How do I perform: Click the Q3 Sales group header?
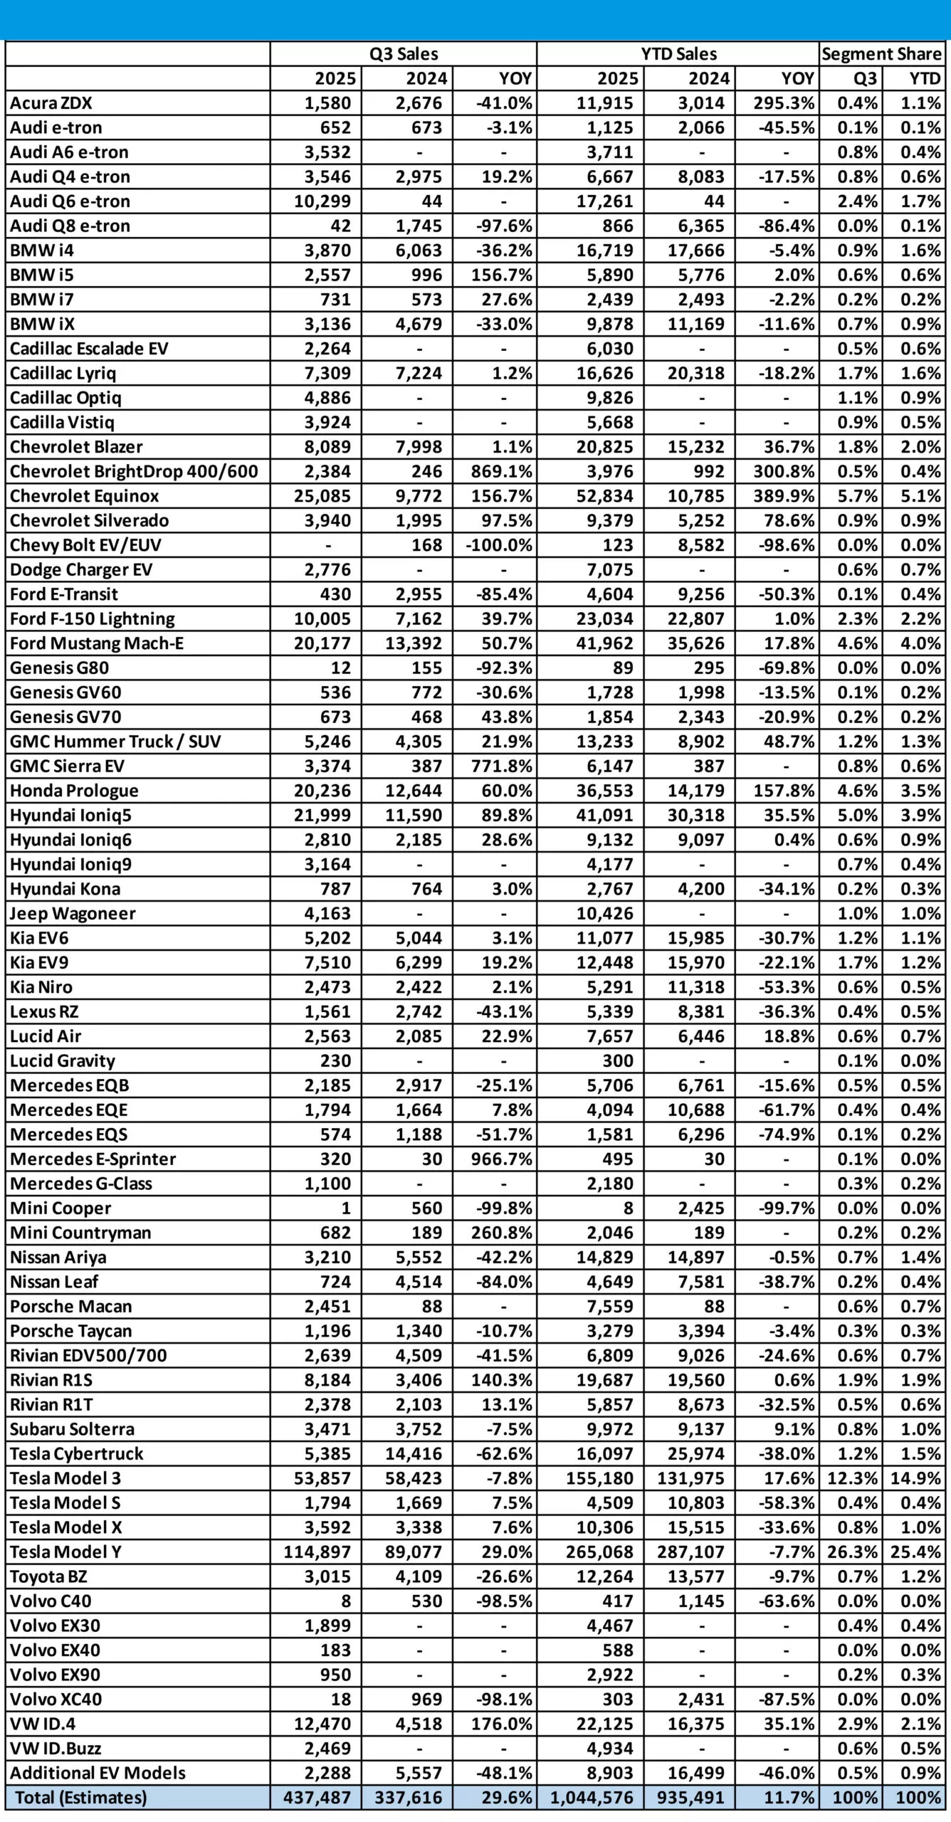click(x=403, y=54)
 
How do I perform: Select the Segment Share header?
click(x=881, y=54)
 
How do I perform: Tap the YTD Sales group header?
click(x=678, y=54)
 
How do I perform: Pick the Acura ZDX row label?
click(x=51, y=103)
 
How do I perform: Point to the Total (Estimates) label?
click(x=80, y=1797)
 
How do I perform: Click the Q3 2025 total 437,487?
click(x=317, y=1797)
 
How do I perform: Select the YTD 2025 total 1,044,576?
click(x=592, y=1797)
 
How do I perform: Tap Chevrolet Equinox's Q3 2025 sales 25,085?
click(x=322, y=496)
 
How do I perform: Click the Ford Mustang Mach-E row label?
click(x=97, y=643)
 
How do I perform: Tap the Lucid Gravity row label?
click(x=63, y=1060)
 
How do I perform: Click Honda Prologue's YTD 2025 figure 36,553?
click(x=605, y=791)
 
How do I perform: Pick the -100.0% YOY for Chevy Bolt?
click(x=499, y=545)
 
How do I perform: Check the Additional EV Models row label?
click(x=98, y=1772)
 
